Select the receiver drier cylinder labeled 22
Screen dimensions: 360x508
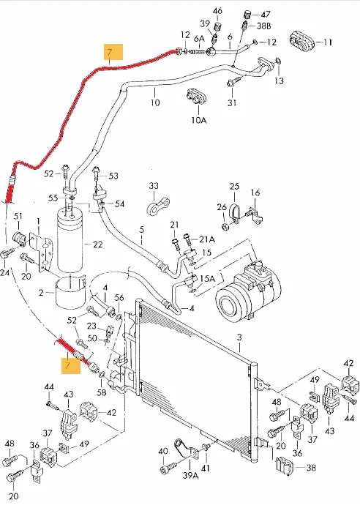71,239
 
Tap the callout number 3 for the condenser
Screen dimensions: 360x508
239,337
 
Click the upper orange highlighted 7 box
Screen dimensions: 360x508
113,52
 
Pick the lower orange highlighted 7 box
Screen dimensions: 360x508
71,365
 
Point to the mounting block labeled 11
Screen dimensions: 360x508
301,41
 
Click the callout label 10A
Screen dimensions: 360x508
198,121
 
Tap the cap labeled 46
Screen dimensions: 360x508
219,27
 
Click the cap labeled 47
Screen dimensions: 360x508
247,15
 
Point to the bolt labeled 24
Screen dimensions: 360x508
7,253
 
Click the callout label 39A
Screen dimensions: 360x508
190,475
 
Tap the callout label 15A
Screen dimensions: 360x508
208,279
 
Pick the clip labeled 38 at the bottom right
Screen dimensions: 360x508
285,466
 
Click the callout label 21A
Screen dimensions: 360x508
207,239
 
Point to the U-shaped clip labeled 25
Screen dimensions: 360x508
234,213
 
